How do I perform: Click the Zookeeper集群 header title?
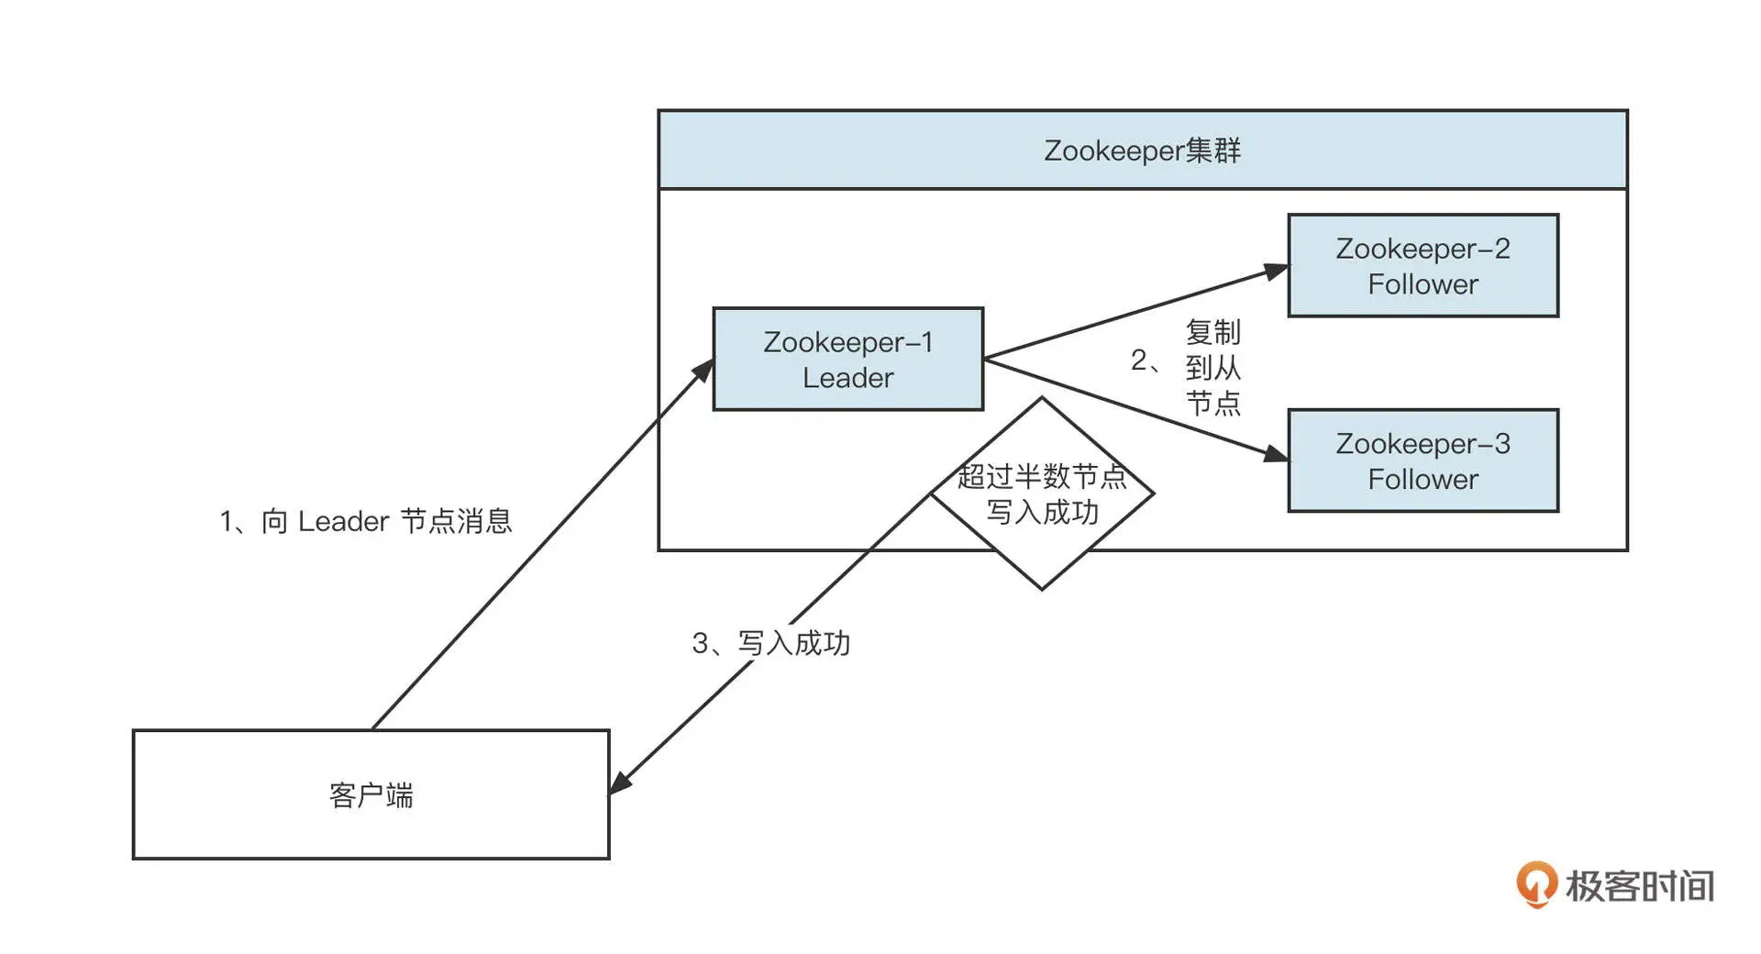[x=1142, y=150]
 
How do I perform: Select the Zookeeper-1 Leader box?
[x=847, y=359]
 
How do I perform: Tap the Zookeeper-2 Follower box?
[x=1423, y=266]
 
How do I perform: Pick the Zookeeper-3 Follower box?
[x=1423, y=460]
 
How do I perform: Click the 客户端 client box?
[x=371, y=794]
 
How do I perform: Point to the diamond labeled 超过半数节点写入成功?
[x=1042, y=550]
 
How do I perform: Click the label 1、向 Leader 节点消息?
[x=365, y=521]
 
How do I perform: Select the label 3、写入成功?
[x=770, y=643]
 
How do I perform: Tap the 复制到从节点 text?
[x=1213, y=367]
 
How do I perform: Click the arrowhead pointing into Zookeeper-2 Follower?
[x=1276, y=271]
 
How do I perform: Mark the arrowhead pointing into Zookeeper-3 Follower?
[x=1276, y=453]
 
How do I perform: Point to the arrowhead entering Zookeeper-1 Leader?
[x=703, y=371]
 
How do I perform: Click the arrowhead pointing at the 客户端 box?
[x=621, y=782]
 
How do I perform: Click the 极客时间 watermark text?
[x=1640, y=886]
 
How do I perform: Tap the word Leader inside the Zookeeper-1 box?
[x=847, y=378]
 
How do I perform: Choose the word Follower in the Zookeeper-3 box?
[x=1423, y=479]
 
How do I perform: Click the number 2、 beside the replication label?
[x=1145, y=361]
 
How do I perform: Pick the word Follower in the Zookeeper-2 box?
[x=1423, y=284]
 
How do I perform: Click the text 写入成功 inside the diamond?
[x=1042, y=512]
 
